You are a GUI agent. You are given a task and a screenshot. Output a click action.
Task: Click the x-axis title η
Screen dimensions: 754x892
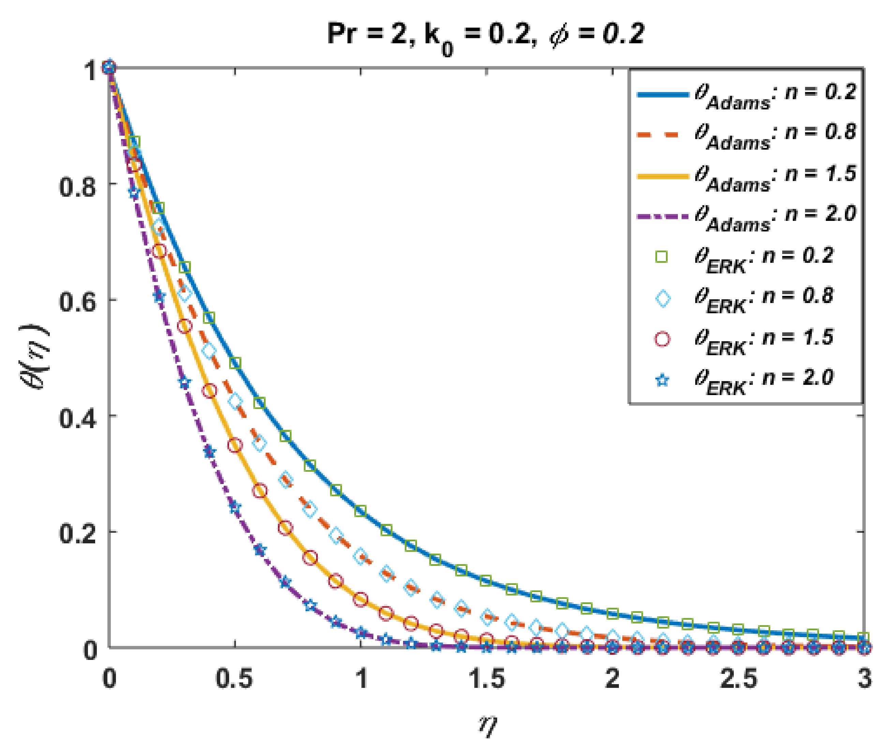[488, 724]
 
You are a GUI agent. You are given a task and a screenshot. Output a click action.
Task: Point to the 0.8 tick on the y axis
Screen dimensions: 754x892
[77, 186]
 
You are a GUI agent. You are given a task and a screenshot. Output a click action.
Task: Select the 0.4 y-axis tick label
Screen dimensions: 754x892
[77, 418]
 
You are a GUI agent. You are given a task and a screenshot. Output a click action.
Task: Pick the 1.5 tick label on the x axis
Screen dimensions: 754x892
[487, 678]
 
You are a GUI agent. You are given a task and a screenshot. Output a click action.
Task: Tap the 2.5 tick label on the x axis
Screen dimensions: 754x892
[739, 678]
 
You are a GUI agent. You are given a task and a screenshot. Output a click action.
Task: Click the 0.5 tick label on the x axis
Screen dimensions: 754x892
[234, 678]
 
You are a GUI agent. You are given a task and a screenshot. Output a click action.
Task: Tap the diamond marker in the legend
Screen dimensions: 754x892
[663, 298]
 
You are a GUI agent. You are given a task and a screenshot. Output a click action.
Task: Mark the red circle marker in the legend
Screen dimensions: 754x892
[663, 339]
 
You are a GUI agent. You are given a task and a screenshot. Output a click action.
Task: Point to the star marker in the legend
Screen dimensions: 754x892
[663, 380]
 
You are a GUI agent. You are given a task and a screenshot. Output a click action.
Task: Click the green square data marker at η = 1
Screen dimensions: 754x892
[361, 510]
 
